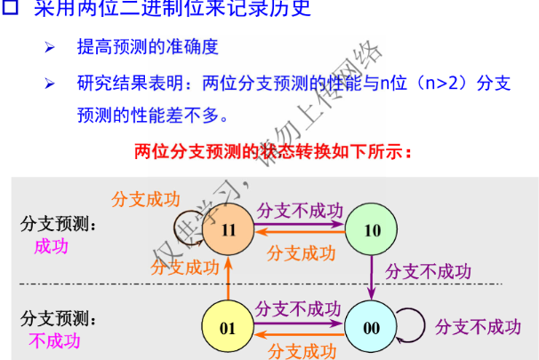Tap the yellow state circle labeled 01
[x=229, y=327]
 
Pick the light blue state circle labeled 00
[x=372, y=327]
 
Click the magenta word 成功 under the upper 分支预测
[x=51, y=246]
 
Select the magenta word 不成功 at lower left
[x=54, y=341]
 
